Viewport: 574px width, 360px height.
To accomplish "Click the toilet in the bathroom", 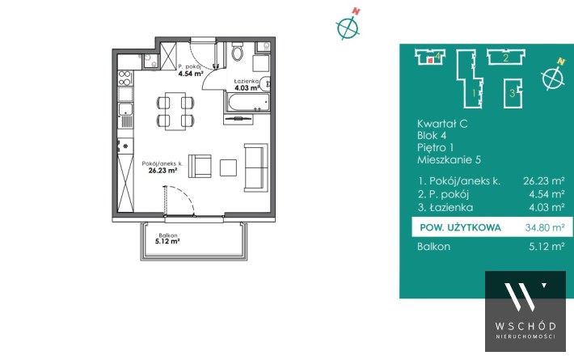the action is coord(237,52).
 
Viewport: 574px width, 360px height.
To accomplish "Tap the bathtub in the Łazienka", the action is coord(248,102).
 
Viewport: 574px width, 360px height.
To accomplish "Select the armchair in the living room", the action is coord(200,167).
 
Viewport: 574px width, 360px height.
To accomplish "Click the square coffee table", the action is coord(228,167).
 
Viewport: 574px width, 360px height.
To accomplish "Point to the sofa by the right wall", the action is coord(254,167).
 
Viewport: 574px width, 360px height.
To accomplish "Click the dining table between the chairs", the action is coord(175,112).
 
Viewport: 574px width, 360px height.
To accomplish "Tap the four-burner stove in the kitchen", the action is coord(125,78).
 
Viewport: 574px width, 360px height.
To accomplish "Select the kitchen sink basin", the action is coord(125,109).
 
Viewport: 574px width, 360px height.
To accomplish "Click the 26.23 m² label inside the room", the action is coord(162,171).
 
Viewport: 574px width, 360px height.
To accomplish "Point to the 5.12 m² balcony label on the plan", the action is coord(167,241).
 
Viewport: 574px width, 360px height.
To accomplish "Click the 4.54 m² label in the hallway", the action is coord(191,74).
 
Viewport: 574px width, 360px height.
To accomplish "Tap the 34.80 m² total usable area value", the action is coord(545,227).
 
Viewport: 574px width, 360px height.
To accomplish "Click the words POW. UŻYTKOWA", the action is coord(460,227).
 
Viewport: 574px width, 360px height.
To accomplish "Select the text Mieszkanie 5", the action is coord(449,159).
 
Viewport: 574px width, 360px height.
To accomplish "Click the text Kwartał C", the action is coord(442,124).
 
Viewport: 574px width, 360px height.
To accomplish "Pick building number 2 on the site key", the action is coord(506,57).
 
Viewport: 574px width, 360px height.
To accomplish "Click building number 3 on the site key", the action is coord(513,93).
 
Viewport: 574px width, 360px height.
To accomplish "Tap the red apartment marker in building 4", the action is coord(430,61).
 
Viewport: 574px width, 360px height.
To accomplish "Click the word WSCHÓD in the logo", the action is coord(525,326).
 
